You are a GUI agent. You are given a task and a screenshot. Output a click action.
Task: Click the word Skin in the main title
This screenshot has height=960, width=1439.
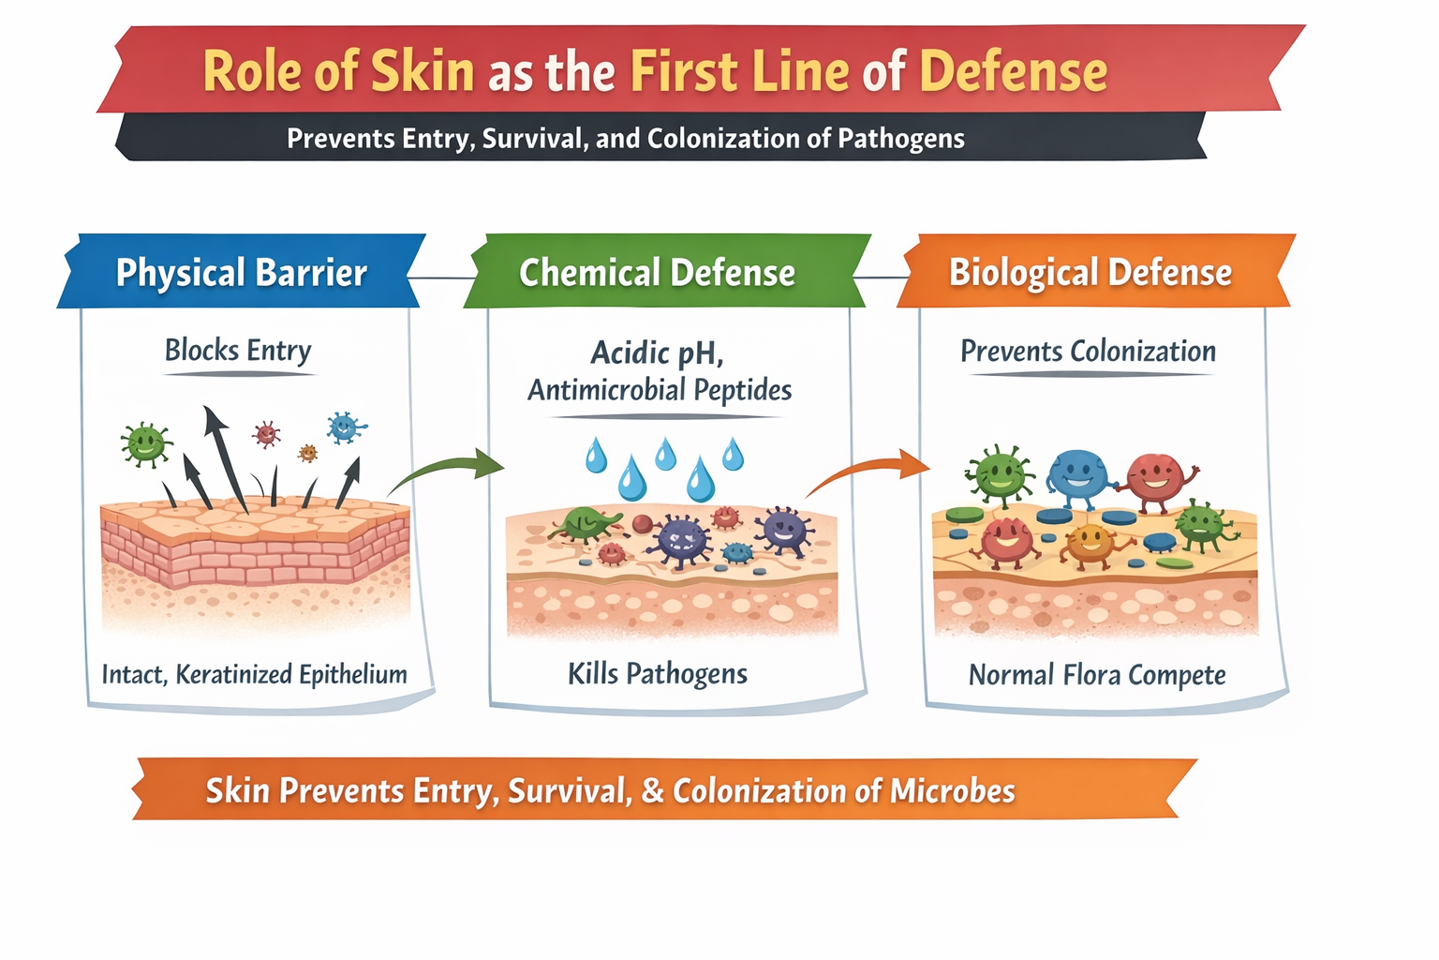[x=423, y=71]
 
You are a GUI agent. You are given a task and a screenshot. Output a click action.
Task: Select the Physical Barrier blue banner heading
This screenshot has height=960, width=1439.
[x=241, y=273]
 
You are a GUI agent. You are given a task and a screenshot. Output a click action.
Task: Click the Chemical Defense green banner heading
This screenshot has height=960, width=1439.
[x=657, y=273]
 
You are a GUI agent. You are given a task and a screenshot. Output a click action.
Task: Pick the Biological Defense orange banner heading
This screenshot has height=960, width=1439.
[x=1090, y=272]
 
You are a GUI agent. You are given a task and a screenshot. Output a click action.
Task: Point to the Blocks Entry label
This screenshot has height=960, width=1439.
[x=238, y=350]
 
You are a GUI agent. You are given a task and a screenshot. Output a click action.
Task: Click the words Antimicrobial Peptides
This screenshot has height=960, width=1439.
[x=660, y=389]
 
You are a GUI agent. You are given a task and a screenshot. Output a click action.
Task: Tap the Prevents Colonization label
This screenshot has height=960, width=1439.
[x=1088, y=352]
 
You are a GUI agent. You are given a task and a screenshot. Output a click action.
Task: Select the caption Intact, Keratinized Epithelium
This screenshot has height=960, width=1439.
[x=254, y=674]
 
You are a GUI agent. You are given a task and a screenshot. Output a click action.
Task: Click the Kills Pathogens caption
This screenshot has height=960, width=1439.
[x=657, y=673]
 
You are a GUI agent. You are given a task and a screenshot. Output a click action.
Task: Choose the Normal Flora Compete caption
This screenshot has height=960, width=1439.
[x=1096, y=675]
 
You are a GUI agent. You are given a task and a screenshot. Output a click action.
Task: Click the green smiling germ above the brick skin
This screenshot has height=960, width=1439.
[x=145, y=443]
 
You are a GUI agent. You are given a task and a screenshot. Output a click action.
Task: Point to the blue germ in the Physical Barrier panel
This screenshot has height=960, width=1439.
[x=345, y=427]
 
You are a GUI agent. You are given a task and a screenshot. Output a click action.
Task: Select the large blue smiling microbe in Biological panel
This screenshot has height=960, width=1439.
[x=1077, y=476]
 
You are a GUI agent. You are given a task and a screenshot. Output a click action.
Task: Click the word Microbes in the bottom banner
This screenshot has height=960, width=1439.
[x=952, y=790]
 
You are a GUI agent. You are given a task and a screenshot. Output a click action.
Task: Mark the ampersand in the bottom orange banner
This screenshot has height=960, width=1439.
[x=653, y=790]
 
